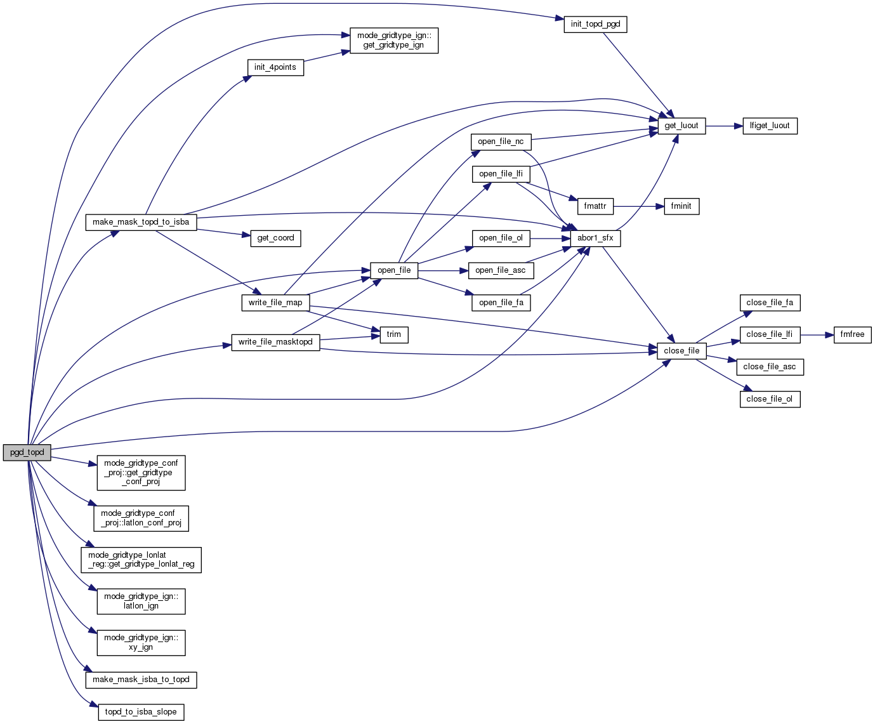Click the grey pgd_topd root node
coord(27,452)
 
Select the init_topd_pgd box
coord(595,24)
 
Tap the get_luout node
coord(681,126)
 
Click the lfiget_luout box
coord(770,126)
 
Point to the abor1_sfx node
coord(595,238)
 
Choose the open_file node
coord(394,270)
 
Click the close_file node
coord(681,350)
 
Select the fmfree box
coord(852,334)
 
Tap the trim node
coord(394,334)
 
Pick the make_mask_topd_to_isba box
coord(141,222)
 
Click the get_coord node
coord(275,238)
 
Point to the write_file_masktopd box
coord(275,342)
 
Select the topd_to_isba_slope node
coord(141,712)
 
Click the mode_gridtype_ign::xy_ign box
coord(141,642)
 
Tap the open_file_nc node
coord(501,142)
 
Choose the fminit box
coord(681,206)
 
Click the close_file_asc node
coord(770,367)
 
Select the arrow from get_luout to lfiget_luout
coord(724,126)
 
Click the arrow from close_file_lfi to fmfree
coord(817,334)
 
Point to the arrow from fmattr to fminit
coord(638,206)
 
